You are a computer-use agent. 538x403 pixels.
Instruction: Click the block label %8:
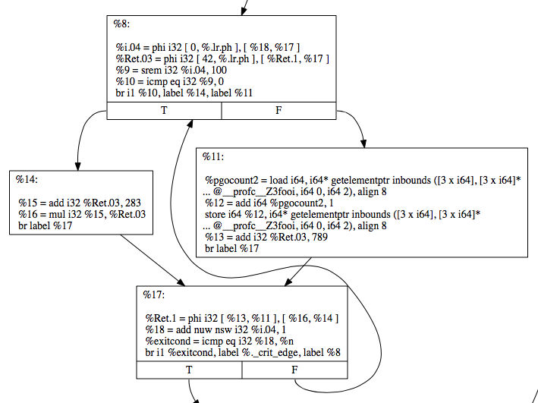click(122, 24)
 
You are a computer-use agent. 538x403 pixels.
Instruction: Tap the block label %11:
click(213, 156)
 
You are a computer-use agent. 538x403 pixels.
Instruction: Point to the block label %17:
click(155, 294)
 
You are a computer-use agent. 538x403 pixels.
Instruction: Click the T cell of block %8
click(164, 111)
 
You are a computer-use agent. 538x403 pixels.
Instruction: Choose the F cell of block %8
click(278, 111)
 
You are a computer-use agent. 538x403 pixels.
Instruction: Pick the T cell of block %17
click(189, 370)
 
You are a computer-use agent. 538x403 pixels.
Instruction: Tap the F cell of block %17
click(294, 370)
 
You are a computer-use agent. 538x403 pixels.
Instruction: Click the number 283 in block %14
click(132, 203)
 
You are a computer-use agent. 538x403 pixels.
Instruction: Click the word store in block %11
click(216, 214)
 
